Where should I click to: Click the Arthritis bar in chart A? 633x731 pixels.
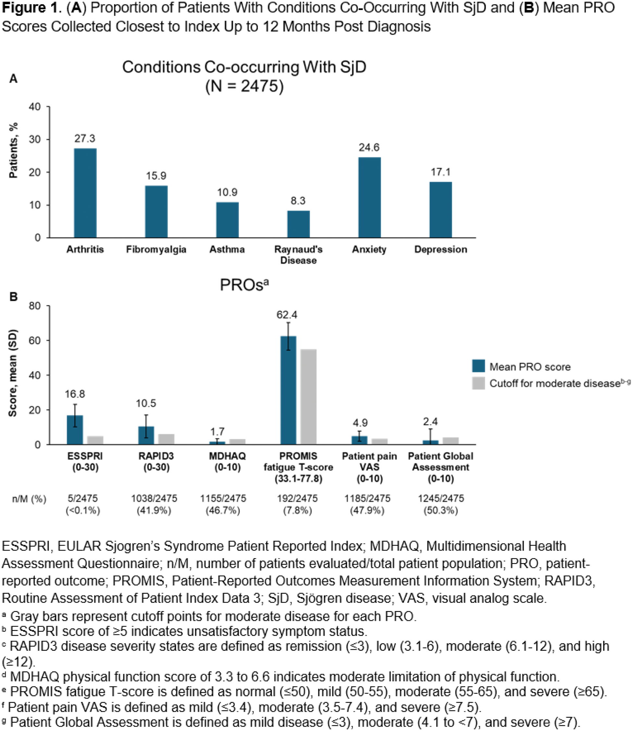(85, 193)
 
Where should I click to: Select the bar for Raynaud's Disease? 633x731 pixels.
(299, 224)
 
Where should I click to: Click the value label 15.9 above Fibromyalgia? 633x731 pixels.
(156, 176)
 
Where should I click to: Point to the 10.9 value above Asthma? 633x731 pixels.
(227, 192)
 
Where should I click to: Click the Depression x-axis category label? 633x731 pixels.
(441, 249)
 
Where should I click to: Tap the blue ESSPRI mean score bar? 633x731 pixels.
(75, 430)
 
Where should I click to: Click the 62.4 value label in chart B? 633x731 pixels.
(287, 314)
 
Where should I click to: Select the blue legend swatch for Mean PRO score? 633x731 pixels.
(478, 366)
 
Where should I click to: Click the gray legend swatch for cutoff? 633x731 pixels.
(478, 383)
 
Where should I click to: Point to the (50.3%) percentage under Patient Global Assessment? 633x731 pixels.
(441, 510)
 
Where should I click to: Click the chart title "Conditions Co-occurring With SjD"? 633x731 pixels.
(244, 67)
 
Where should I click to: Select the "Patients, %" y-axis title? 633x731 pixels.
(13, 150)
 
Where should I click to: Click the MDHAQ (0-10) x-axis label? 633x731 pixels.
(228, 462)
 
